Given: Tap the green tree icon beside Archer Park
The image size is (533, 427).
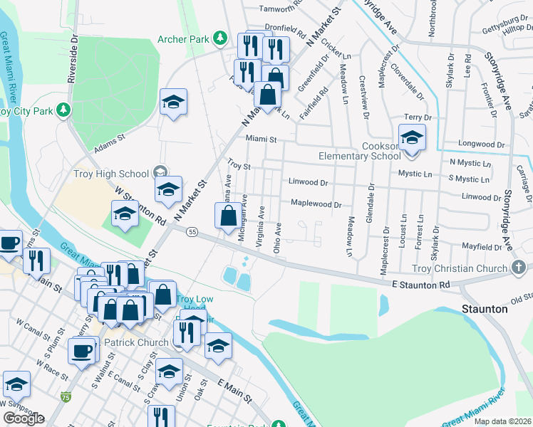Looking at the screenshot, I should [221, 37].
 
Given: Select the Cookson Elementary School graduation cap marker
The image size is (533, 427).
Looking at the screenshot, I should [411, 137].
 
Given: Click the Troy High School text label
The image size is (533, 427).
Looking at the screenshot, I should [120, 173].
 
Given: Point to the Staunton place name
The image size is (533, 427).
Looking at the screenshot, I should [485, 309].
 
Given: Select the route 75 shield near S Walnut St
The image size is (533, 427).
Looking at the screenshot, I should [66, 396].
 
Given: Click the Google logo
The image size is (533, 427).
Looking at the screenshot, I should [24, 418].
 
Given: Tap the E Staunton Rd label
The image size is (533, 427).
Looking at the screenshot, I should [420, 285].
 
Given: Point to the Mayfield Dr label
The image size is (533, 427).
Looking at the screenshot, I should [481, 247].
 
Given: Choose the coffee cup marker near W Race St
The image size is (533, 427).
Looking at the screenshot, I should [81, 351].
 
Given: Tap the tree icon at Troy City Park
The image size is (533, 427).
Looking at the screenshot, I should [64, 109].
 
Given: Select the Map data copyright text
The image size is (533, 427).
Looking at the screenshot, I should [503, 421].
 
